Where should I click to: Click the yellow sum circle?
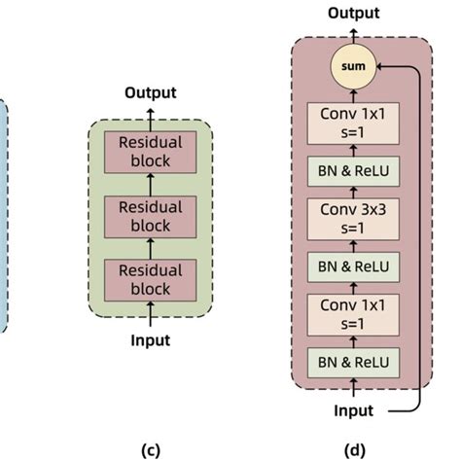pos(353,66)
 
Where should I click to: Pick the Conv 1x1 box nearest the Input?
pos(354,312)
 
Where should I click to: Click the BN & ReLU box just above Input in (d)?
pos(354,363)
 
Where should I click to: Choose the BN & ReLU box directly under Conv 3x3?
pos(354,265)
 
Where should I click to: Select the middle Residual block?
pos(151,216)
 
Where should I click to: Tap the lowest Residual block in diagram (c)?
pos(151,279)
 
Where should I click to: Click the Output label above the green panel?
pos(151,93)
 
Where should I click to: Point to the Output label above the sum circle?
pos(353,13)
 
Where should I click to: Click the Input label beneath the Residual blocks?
pos(151,339)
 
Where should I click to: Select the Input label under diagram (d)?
pos(353,410)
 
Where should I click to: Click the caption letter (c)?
pos(151,449)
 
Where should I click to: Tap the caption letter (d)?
pos(353,449)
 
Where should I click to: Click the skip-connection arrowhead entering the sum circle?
pos(378,66)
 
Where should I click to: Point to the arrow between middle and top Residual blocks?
pos(151,185)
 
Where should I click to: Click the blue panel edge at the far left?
pos(3,214)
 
